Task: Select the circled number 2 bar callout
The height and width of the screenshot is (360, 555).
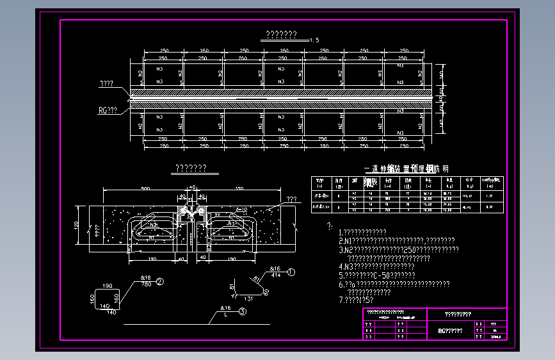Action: coord(160,281)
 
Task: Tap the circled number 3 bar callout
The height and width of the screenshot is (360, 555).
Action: coord(243,312)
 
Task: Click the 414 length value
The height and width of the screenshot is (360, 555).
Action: coord(276,275)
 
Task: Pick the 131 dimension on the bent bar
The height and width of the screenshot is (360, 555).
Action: coord(249,299)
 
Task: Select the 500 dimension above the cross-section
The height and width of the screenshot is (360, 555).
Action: coord(145,189)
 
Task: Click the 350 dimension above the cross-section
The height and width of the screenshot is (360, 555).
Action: coord(239,189)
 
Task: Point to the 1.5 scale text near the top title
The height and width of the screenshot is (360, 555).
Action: coord(314,40)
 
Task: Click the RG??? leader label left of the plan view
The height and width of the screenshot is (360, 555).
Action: coord(108,110)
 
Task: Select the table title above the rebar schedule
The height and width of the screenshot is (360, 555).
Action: coord(406,169)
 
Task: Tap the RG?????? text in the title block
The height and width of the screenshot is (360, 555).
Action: coord(450,331)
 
